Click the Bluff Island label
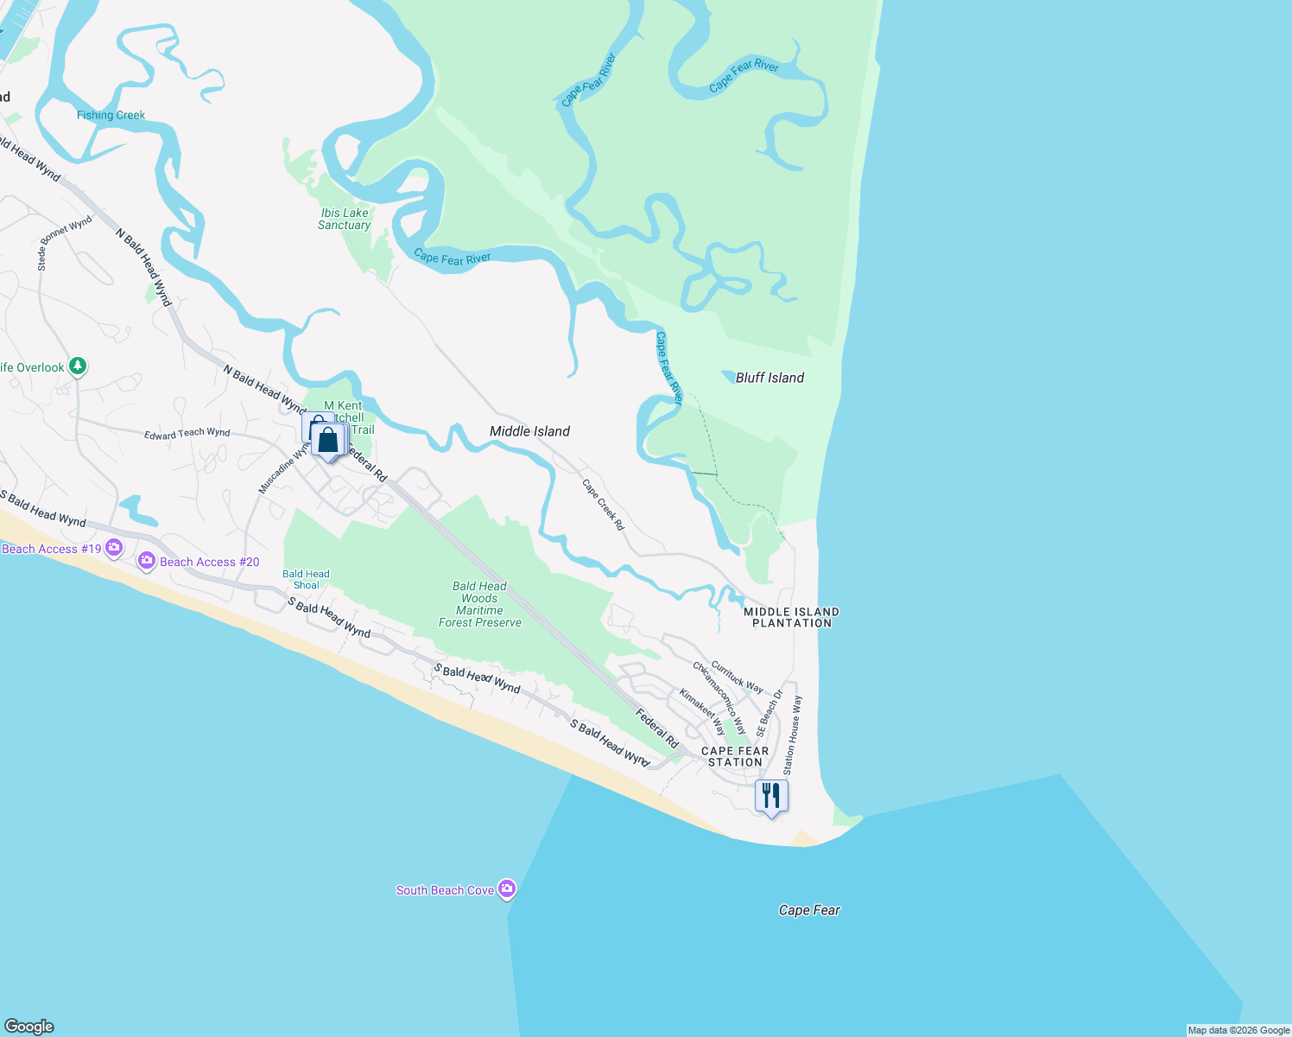pyautogui.click(x=769, y=378)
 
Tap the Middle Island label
pyautogui.click(x=529, y=431)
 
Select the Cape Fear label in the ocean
pyautogui.click(x=809, y=910)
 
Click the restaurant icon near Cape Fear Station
pyautogui.click(x=771, y=795)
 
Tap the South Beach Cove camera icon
pyautogui.click(x=507, y=888)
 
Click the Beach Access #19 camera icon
pyautogui.click(x=114, y=547)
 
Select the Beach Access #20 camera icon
pyautogui.click(x=147, y=561)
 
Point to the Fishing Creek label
pyautogui.click(x=111, y=115)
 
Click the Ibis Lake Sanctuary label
pyautogui.click(x=345, y=219)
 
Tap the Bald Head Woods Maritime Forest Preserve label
pyautogui.click(x=480, y=604)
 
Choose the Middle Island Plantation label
pyautogui.click(x=791, y=617)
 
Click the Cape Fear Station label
pyautogui.click(x=735, y=756)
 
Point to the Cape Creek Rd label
pyautogui.click(x=603, y=505)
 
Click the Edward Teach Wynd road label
pyautogui.click(x=187, y=434)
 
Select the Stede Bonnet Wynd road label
pyautogui.click(x=65, y=243)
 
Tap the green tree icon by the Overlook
pyautogui.click(x=78, y=366)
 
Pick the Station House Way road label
pyautogui.click(x=792, y=735)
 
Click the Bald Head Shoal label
pyautogui.click(x=306, y=579)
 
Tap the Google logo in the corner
pyautogui.click(x=29, y=1026)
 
